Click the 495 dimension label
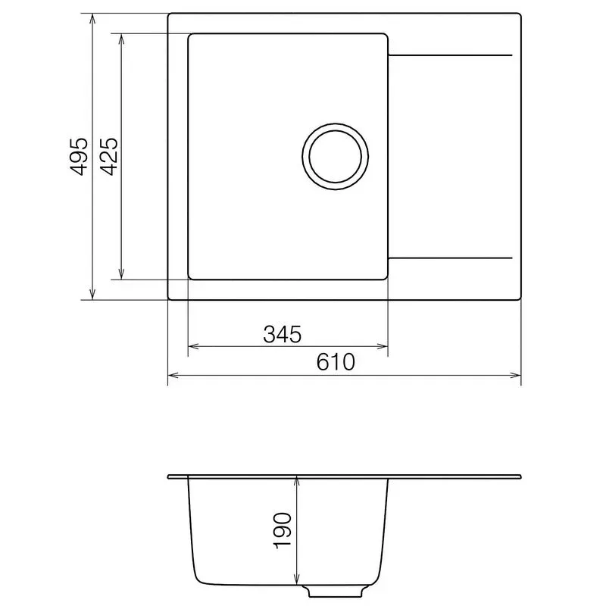click(x=78, y=157)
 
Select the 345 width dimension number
click(x=282, y=333)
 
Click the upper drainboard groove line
click(x=451, y=55)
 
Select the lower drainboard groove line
click(x=451, y=258)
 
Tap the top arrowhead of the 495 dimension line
click(x=92, y=19)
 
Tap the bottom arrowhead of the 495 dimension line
click(x=92, y=294)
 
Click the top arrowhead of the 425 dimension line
click(x=121, y=39)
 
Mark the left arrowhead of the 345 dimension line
click(x=193, y=347)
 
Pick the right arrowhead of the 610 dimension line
click(x=516, y=375)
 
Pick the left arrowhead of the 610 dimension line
click(x=173, y=375)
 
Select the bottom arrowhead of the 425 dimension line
click(x=121, y=274)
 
